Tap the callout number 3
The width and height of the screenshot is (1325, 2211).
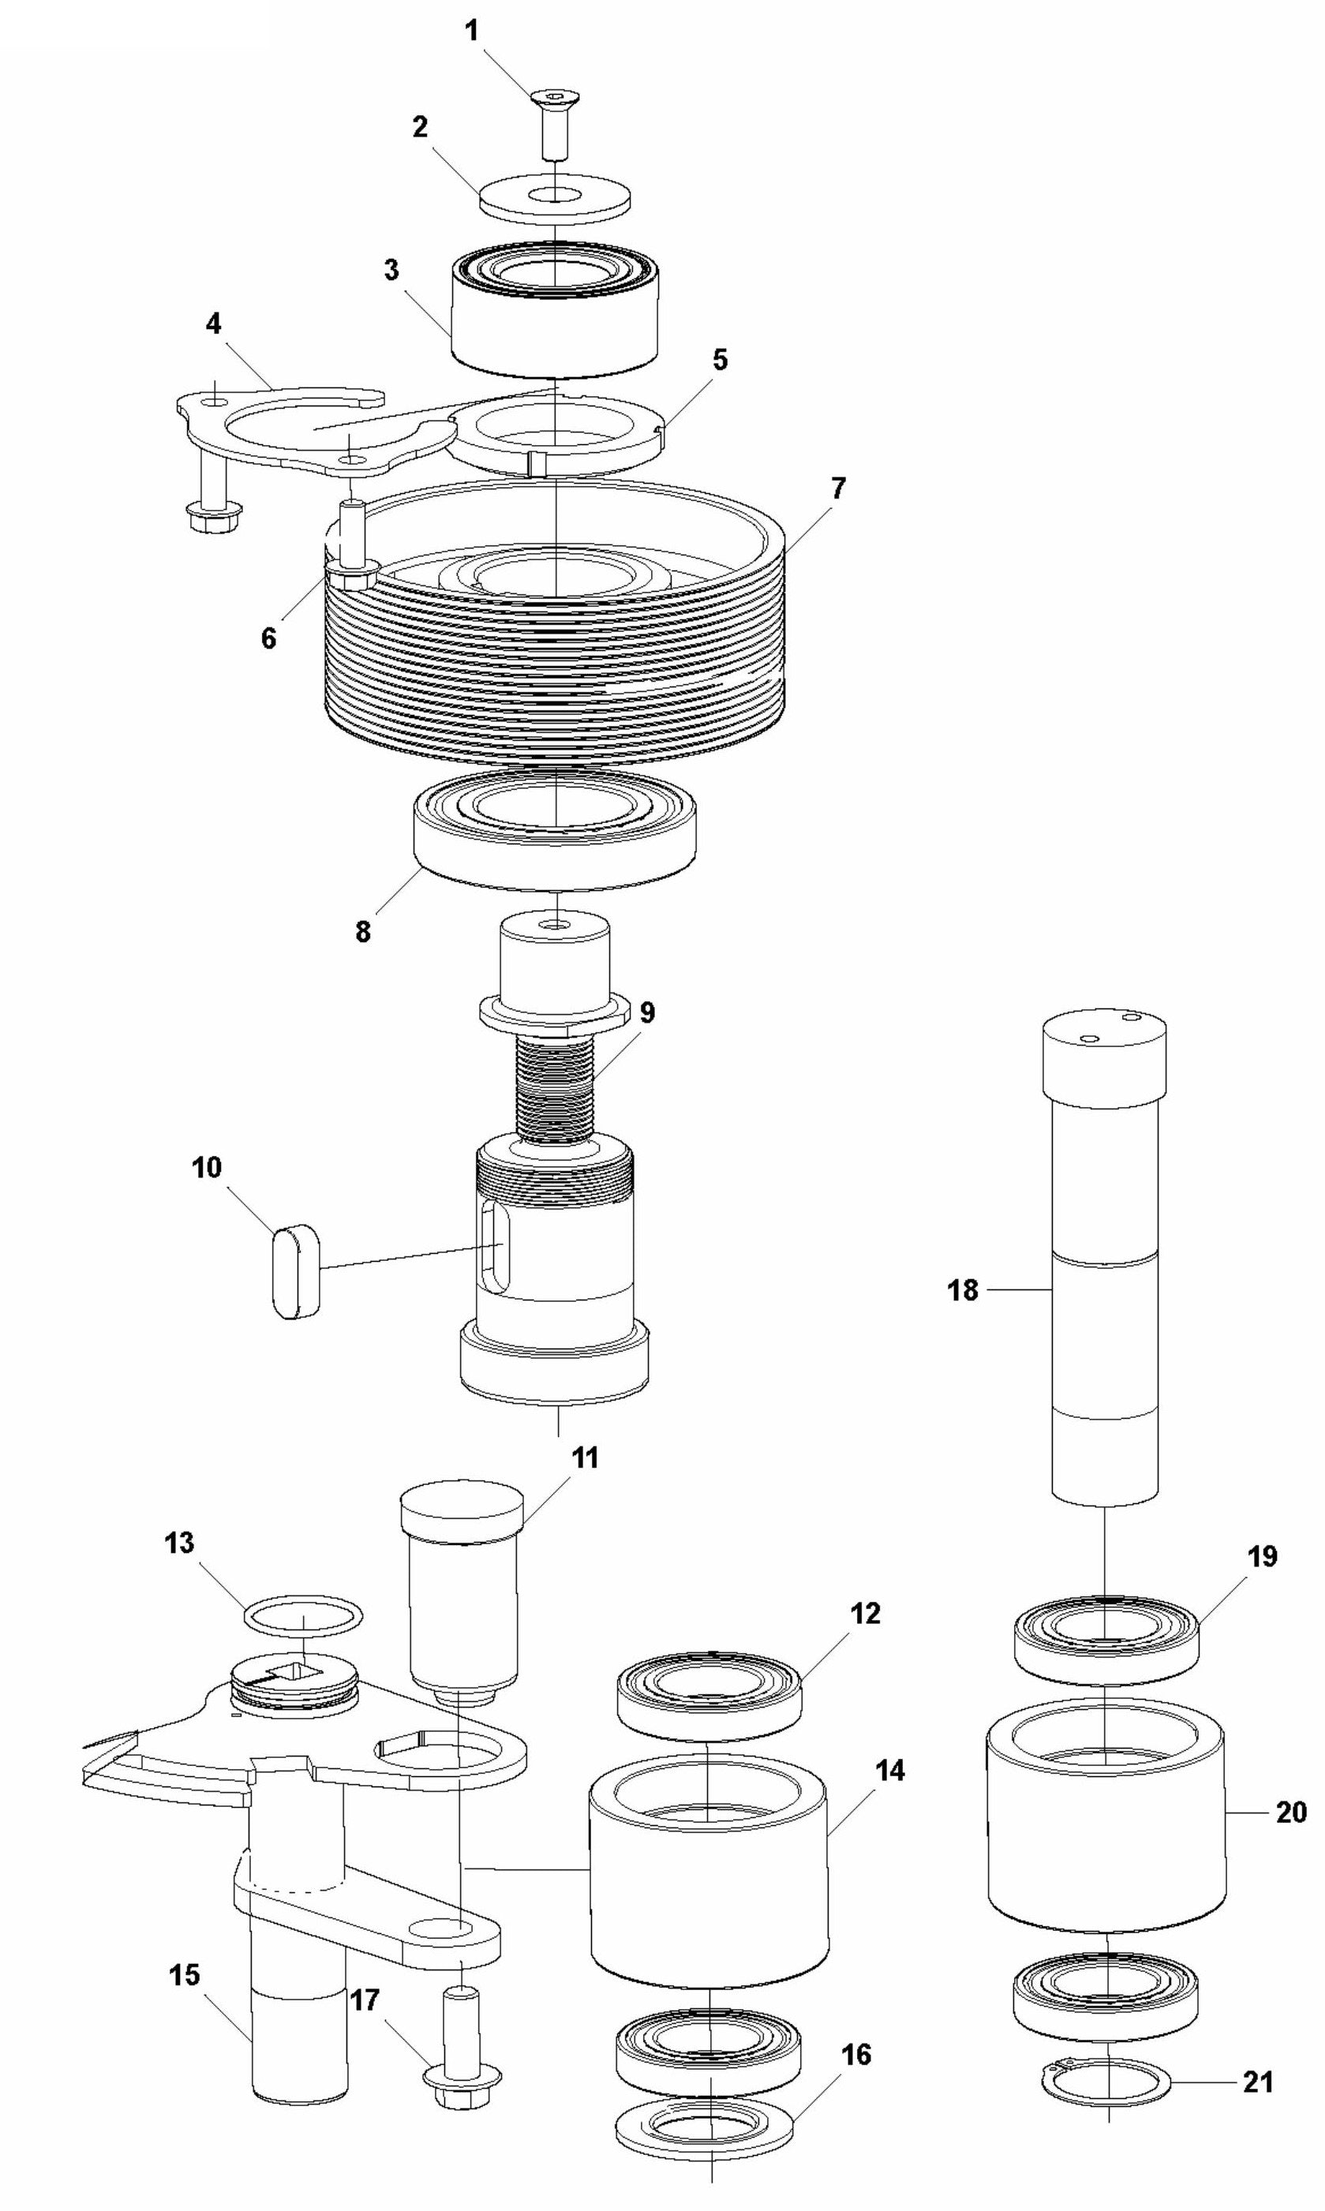(x=391, y=271)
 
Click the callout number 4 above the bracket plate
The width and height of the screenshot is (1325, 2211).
(x=213, y=323)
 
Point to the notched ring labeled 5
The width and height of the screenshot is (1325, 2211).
(x=556, y=429)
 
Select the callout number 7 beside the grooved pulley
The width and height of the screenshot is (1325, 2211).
(x=837, y=488)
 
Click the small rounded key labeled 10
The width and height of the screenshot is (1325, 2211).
(x=294, y=1271)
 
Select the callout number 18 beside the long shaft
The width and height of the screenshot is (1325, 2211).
(x=963, y=1290)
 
